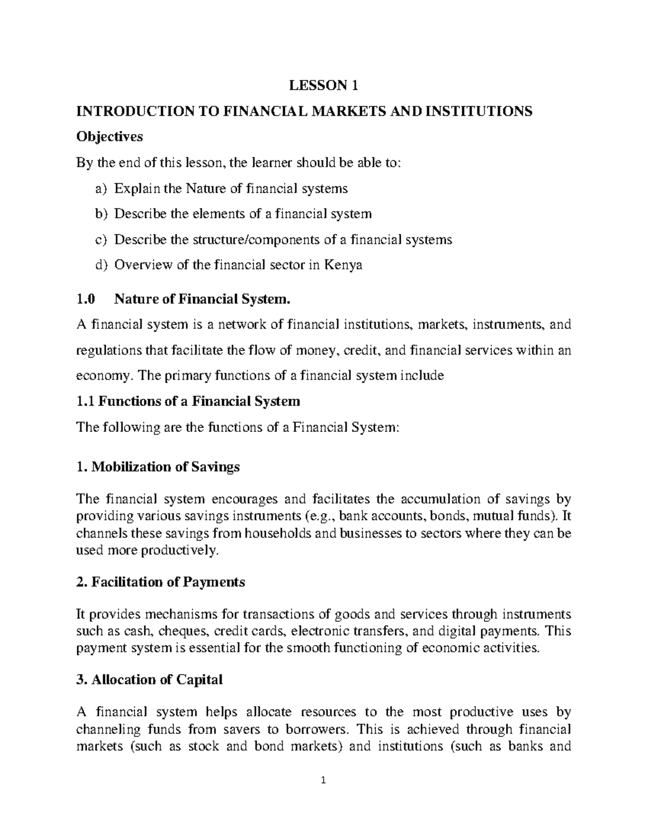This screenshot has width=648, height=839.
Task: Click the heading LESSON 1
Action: (323, 85)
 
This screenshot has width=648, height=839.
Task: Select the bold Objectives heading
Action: (110, 137)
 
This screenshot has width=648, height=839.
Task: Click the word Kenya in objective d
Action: (343, 265)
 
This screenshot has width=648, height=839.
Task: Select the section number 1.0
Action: (86, 299)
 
